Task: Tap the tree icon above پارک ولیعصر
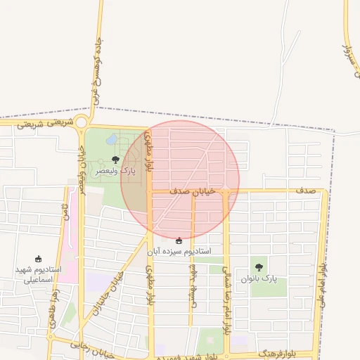[115, 160]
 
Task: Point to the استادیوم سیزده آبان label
[179, 250]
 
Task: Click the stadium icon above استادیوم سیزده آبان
[179, 240]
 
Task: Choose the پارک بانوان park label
[259, 278]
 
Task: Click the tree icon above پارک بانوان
[259, 267]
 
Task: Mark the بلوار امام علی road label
[321, 281]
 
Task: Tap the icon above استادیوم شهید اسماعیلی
[39, 259]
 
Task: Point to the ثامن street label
[65, 212]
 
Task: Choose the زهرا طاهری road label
[53, 312]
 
